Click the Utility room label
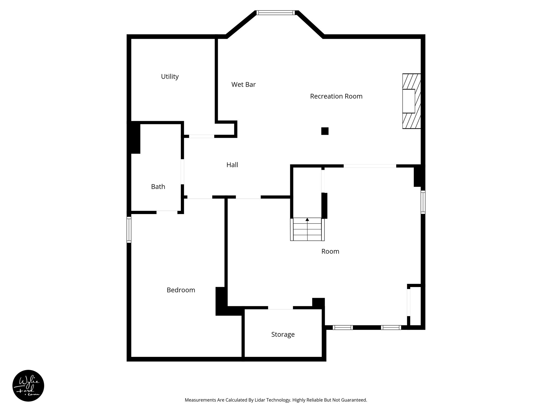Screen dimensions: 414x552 pyautogui.click(x=170, y=77)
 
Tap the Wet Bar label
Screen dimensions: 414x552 pyautogui.click(x=243, y=85)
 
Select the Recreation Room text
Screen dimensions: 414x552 pyautogui.click(x=336, y=96)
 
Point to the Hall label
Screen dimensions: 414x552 pyautogui.click(x=232, y=165)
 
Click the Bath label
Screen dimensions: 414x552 pyautogui.click(x=158, y=187)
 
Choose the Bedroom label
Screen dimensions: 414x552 pyautogui.click(x=181, y=290)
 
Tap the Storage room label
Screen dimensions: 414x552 pyautogui.click(x=283, y=334)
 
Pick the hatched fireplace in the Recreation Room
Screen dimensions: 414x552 pyautogui.click(x=412, y=101)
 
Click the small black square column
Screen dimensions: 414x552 pyautogui.click(x=325, y=131)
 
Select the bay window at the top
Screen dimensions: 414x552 pyautogui.click(x=275, y=12)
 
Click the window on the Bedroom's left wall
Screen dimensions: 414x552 pyautogui.click(x=129, y=230)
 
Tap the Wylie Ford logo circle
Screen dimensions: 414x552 pyautogui.click(x=28, y=386)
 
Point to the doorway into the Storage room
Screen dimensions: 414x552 pyautogui.click(x=280, y=308)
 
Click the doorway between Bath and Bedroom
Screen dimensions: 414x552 pyautogui.click(x=167, y=212)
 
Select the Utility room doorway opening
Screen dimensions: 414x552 pyautogui.click(x=202, y=136)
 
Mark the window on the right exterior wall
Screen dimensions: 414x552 pyautogui.click(x=423, y=202)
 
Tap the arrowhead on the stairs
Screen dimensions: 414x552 pyautogui.click(x=307, y=219)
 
